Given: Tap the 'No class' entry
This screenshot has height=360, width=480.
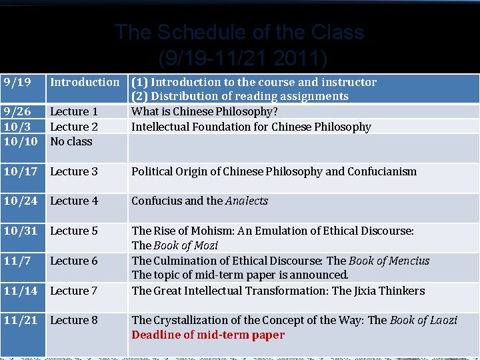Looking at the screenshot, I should coord(71,141).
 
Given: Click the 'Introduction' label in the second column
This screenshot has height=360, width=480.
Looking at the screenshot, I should coord(85,83).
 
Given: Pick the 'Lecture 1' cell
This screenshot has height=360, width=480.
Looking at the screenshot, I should coord(74,112).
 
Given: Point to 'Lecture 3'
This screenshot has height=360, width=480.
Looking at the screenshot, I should coord(74,171).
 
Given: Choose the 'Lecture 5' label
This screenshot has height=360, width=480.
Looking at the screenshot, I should coord(74,231).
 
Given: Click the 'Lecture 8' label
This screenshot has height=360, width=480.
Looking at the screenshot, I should coord(74,320).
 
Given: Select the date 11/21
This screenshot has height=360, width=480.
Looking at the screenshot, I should coord(20,320).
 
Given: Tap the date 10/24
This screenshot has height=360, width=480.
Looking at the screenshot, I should coord(20,201).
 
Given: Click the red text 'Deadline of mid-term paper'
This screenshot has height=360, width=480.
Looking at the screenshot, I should coord(208,335).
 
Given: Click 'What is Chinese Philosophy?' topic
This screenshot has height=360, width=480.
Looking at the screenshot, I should coord(205,112).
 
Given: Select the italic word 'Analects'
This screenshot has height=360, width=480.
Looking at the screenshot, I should coord(247,201).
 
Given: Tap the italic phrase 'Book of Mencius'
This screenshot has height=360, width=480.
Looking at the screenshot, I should coord(389,261).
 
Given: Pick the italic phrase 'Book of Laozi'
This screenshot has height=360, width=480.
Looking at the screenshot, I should coord(423,320).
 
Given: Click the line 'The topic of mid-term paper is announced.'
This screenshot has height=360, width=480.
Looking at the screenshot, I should coord(240,275).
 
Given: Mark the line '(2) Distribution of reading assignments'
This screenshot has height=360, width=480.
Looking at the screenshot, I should coord(240,97).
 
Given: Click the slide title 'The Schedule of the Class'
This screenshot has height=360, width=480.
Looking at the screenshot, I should coord(239,32).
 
